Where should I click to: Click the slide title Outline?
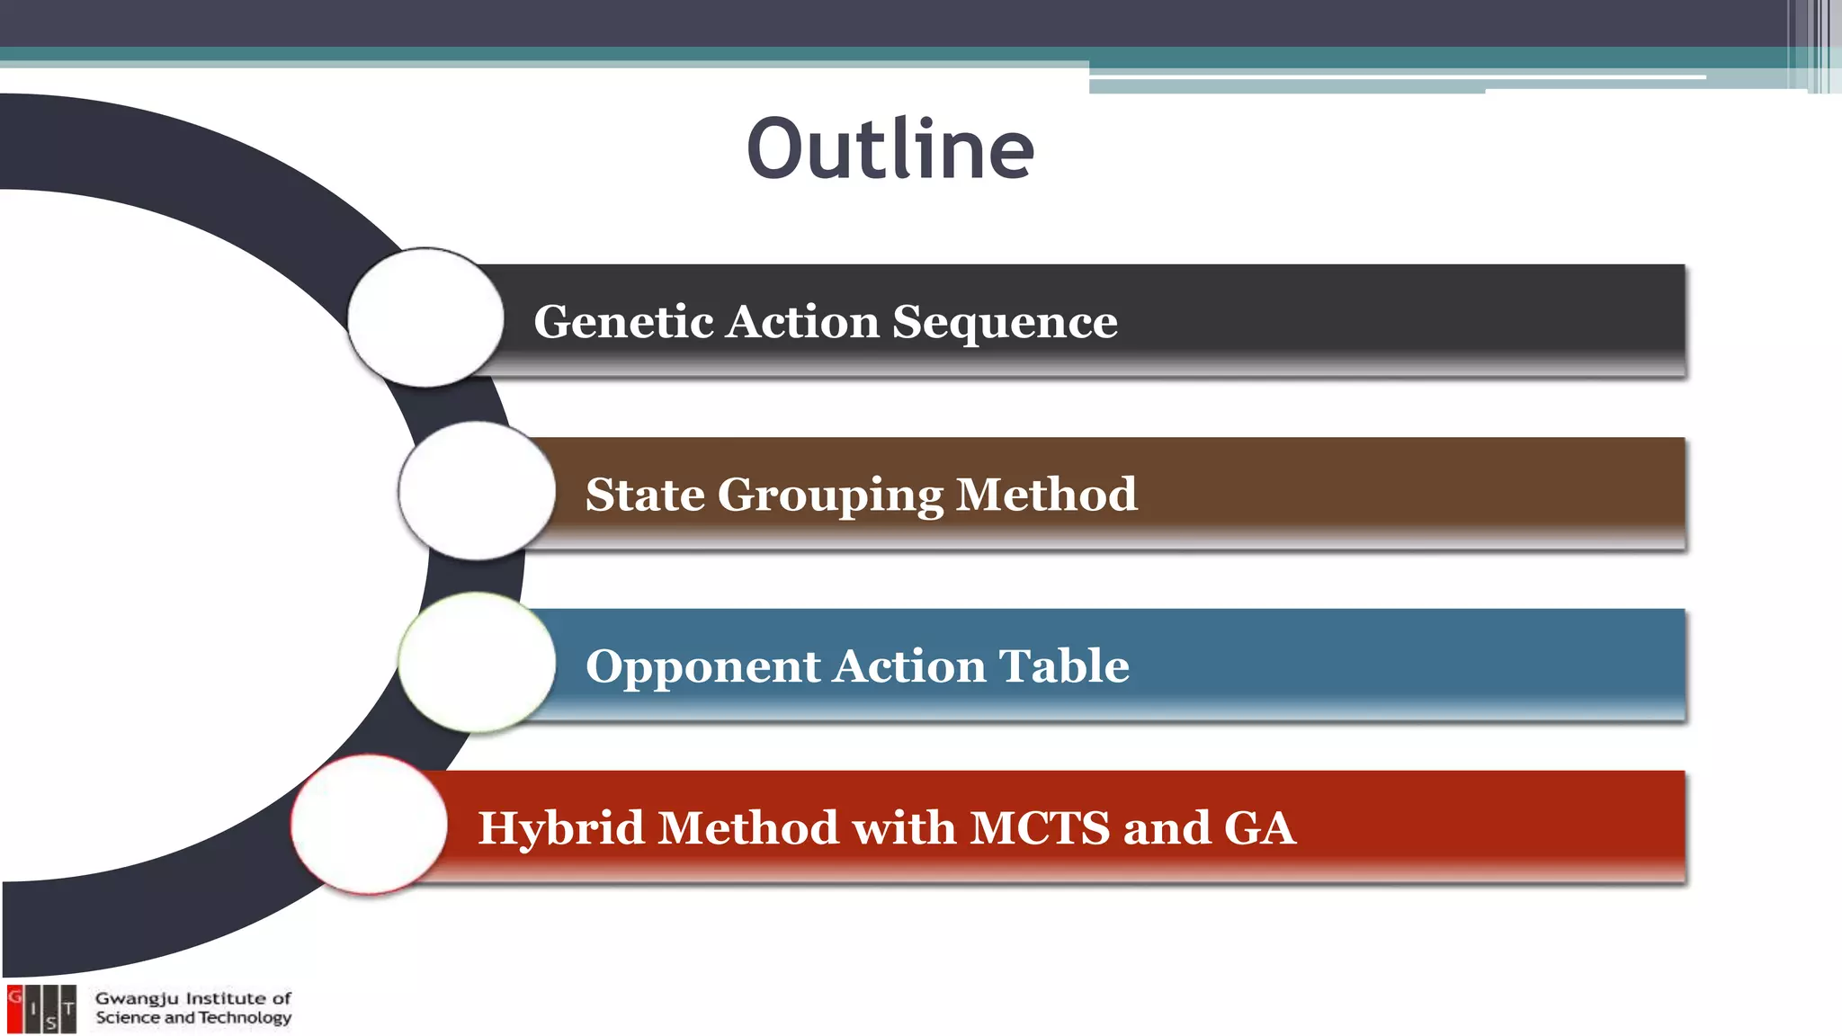[890, 148]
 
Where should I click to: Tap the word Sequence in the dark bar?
[1005, 322]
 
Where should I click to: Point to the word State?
[645, 496]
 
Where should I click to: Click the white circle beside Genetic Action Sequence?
[425, 317]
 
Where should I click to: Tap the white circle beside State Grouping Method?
[477, 491]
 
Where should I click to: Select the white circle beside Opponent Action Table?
[477, 663]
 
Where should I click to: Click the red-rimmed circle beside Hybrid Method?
[369, 824]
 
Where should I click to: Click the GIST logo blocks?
[41, 1009]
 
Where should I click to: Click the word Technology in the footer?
[245, 1018]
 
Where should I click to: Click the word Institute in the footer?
[225, 999]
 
